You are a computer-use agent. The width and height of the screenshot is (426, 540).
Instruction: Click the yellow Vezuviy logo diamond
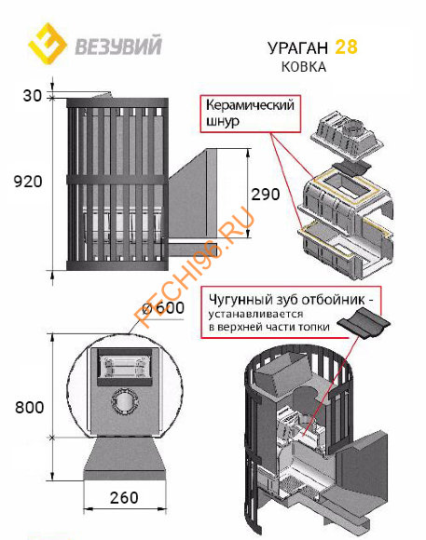coord(48,44)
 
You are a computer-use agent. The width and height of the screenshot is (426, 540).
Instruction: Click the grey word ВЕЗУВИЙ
coord(118,47)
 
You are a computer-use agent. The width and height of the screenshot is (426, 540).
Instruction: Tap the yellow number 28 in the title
coord(346,47)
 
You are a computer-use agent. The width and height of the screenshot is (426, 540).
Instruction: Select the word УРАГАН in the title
coord(298,48)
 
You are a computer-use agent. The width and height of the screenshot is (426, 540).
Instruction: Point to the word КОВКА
coord(304,67)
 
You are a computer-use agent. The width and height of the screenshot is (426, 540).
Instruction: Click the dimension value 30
coord(32,96)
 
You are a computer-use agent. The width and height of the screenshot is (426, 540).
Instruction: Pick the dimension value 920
coord(28,182)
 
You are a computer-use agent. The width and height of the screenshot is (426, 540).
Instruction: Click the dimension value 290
coord(266,195)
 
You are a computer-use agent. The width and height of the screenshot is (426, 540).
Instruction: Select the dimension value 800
coord(30,408)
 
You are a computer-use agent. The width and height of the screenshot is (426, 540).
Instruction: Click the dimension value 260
coord(124,498)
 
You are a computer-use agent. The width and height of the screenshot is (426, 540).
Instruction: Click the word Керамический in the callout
coord(250,105)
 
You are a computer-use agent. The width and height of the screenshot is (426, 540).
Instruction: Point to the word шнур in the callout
coord(223,121)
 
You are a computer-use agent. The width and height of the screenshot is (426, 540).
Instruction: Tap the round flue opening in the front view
coord(124,401)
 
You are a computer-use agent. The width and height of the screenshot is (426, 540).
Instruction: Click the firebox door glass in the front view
coord(124,367)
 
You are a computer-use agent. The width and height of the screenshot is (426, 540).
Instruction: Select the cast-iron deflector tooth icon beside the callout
coord(364,322)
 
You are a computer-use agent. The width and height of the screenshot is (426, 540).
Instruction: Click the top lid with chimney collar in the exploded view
coord(347,136)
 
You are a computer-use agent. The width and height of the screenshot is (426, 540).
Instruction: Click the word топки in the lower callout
coord(314,327)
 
